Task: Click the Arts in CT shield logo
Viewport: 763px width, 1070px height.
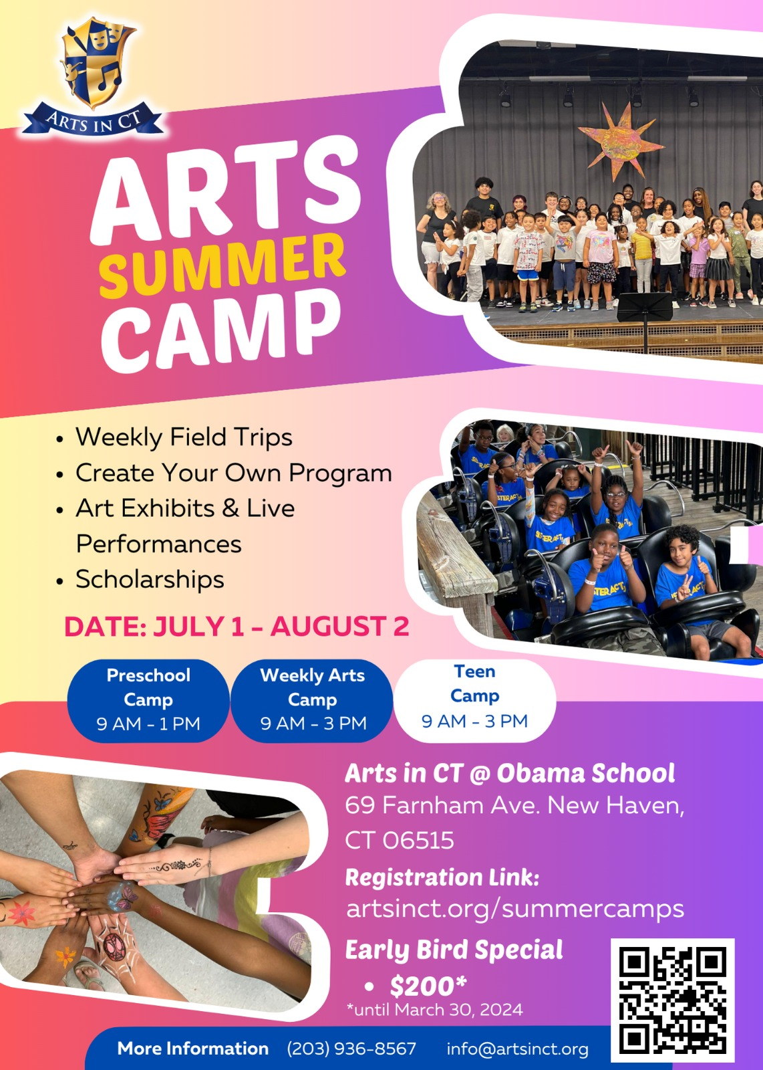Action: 93,76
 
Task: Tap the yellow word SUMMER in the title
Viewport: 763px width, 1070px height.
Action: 222,265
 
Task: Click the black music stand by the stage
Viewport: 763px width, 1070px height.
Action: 645,313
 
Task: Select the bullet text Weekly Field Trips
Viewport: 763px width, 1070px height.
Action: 184,437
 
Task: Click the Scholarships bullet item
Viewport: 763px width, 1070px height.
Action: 150,579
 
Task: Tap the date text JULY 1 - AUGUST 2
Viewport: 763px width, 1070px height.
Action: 281,626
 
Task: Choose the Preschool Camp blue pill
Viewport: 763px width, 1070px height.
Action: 148,700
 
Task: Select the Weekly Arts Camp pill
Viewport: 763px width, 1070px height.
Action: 313,700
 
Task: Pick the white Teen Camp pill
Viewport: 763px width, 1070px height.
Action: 475,700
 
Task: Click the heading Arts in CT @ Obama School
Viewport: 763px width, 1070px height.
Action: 510,773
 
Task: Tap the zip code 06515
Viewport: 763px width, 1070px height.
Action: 418,841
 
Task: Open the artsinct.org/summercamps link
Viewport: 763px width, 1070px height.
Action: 515,909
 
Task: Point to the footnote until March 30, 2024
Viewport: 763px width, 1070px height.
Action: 434,1010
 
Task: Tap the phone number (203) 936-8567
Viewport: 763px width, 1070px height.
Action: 351,1049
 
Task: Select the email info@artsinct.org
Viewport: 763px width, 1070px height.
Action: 517,1049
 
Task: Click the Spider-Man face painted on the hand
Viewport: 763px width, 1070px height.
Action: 115,944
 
